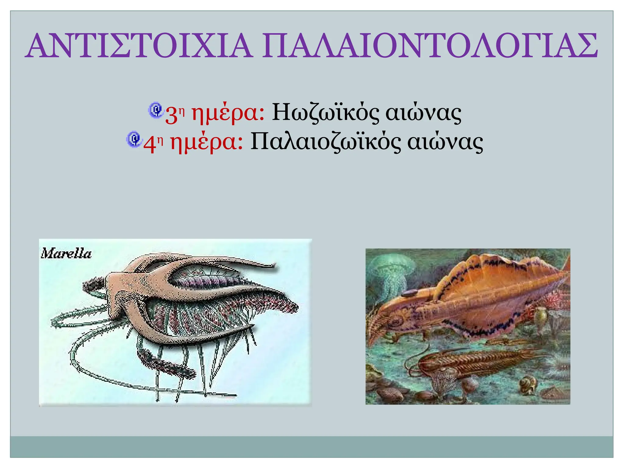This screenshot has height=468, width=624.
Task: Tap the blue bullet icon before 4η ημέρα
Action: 134,139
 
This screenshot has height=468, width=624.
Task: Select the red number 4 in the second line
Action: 149,144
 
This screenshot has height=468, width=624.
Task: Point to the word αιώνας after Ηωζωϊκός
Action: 423,113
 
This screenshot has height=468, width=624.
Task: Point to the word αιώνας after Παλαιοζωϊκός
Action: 445,142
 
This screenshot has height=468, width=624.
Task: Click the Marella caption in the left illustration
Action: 66,253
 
